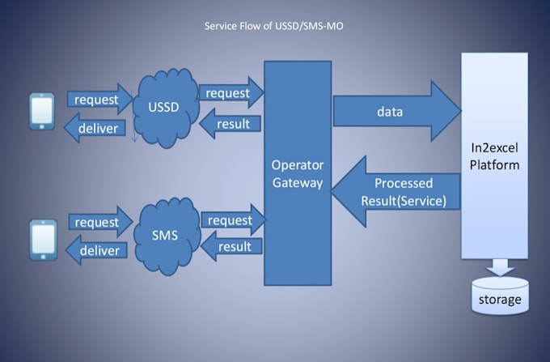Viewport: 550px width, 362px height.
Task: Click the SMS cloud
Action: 165,236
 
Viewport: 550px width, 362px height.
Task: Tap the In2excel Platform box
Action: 494,154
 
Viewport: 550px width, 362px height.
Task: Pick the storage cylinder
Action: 499,296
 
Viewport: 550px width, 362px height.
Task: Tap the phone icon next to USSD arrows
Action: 41,112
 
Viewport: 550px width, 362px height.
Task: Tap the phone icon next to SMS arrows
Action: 41,241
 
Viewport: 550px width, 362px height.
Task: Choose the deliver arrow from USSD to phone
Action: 95,128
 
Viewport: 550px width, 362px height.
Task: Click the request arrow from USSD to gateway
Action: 229,93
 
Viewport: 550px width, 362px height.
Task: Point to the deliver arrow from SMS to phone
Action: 95,250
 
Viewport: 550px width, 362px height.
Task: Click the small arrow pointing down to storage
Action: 499,266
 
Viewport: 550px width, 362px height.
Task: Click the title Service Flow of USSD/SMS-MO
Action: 275,27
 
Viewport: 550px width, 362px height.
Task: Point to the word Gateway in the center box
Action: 296,183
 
